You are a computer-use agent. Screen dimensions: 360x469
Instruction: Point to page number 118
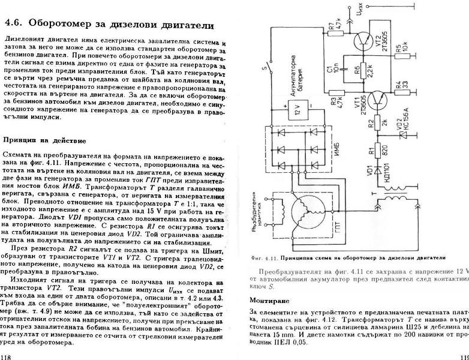click(x=8, y=355)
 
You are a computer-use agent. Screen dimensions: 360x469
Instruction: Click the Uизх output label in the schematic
click(x=359, y=11)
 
